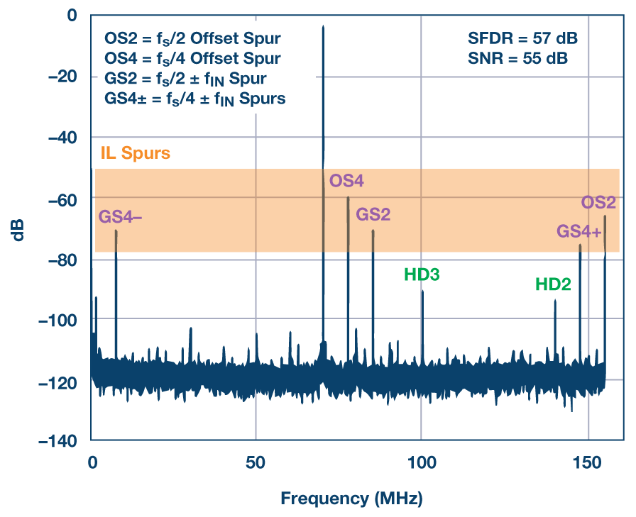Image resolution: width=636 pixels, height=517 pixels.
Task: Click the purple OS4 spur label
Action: pos(346,181)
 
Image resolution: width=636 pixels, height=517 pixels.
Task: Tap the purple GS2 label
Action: pos(373,214)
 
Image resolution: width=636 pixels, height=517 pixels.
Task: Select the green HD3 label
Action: pos(422,274)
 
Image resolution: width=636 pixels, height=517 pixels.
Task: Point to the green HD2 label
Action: pos(553,284)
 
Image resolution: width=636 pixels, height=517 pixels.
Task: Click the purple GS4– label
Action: pos(120,217)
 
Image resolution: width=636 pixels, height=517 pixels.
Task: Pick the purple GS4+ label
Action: pos(579,231)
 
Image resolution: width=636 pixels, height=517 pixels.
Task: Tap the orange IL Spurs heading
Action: pos(134,152)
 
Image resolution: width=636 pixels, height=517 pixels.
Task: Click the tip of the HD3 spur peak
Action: pos(422,291)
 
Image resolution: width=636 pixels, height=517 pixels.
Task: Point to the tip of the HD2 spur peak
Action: pos(555,301)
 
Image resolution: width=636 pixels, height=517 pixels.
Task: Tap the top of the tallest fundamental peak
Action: pos(323,27)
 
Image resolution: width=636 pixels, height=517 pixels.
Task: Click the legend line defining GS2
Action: pos(185,78)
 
